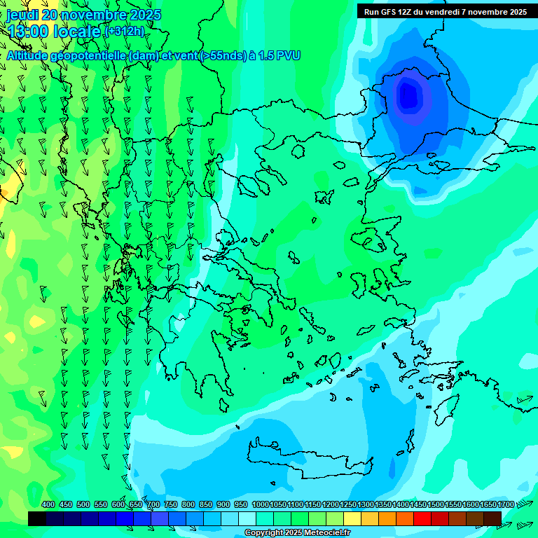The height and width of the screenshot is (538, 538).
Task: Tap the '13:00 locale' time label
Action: click(x=55, y=32)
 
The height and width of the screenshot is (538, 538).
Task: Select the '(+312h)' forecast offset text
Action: click(x=125, y=32)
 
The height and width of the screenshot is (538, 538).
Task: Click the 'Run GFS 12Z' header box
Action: click(x=446, y=12)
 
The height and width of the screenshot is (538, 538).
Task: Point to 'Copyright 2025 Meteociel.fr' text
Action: click(x=298, y=533)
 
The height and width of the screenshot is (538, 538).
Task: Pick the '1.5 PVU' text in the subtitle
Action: click(x=280, y=55)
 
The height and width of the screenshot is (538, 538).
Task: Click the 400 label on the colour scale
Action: click(x=48, y=504)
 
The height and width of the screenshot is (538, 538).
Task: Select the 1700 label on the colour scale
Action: click(x=505, y=504)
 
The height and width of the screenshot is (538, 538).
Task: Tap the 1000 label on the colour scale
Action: click(x=260, y=504)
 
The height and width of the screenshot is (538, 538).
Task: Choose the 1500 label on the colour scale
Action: click(x=436, y=504)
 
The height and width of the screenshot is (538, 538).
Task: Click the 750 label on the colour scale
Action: click(x=171, y=504)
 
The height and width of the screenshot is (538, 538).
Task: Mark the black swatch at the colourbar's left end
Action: click(x=37, y=518)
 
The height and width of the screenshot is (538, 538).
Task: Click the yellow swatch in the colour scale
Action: click(x=352, y=518)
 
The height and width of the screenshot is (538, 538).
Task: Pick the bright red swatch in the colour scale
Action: click(x=422, y=518)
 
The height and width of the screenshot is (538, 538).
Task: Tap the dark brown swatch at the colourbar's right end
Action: click(x=492, y=518)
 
